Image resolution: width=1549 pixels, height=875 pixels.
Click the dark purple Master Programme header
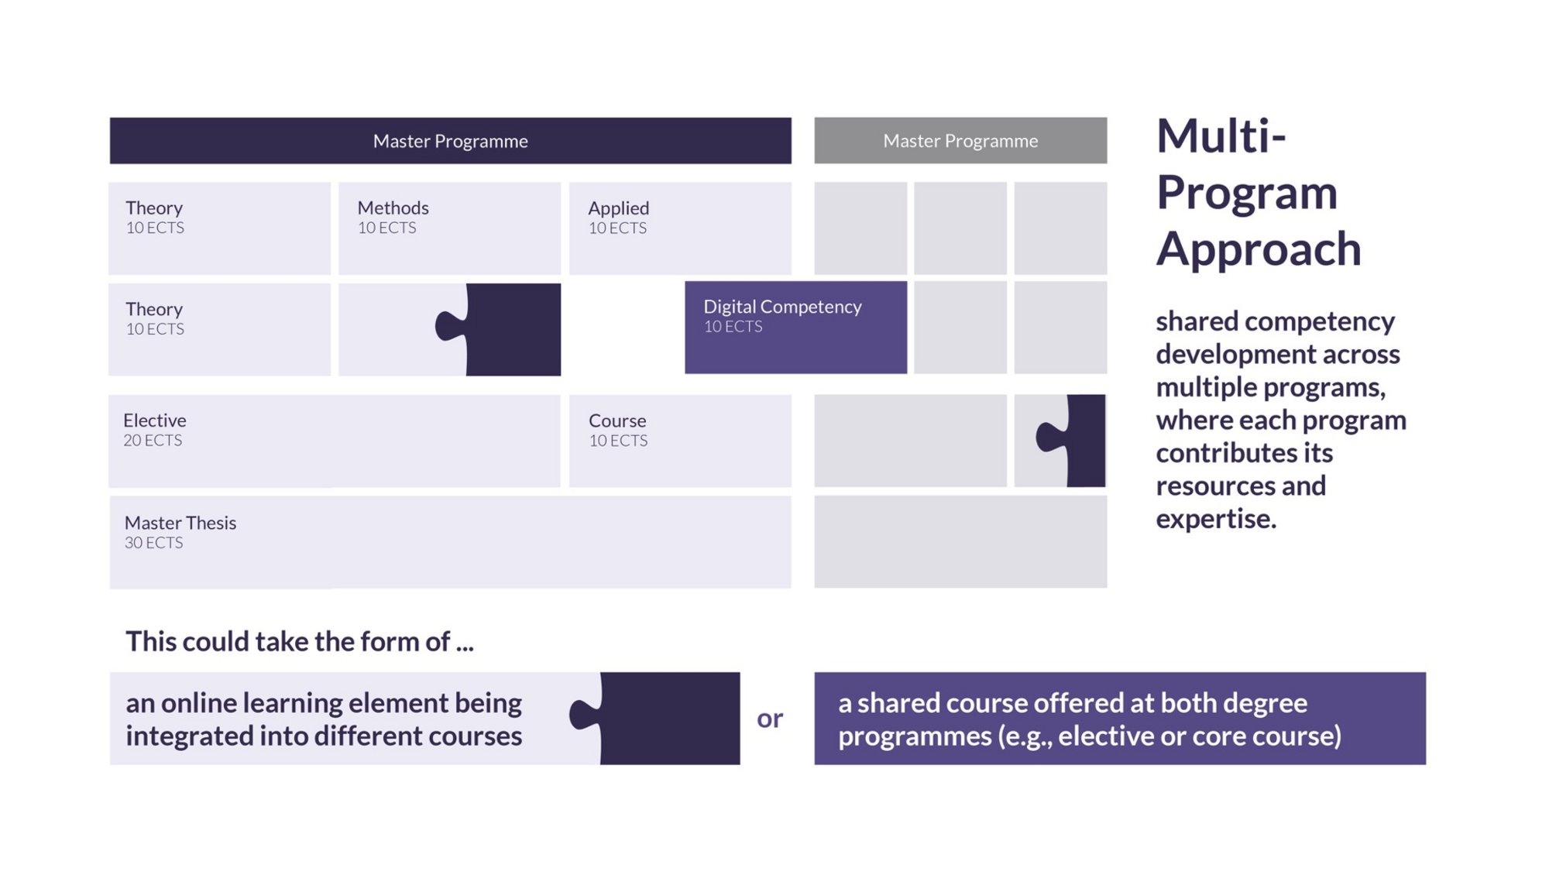click(450, 140)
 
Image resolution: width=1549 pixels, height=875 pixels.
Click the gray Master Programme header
click(960, 140)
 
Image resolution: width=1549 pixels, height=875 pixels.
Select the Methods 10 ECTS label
click(393, 217)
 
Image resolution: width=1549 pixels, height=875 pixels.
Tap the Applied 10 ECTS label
click(618, 217)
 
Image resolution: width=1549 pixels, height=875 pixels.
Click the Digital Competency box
click(795, 328)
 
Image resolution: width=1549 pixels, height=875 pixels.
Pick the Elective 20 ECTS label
click(154, 430)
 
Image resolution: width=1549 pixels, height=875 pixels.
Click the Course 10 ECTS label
click(618, 430)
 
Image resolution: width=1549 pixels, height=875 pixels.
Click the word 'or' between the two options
click(770, 719)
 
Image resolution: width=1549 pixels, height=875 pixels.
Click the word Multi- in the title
click(1221, 136)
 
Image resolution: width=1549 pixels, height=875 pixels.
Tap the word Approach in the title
click(1259, 249)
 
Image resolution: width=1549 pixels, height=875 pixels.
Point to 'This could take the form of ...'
click(300, 641)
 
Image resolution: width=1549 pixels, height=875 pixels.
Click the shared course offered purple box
click(1120, 719)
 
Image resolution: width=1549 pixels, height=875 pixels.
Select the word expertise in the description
click(1216, 519)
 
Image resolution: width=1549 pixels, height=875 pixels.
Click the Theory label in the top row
click(154, 208)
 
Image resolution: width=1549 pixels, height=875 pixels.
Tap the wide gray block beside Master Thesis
click(960, 542)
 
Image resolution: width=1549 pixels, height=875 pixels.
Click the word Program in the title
click(1247, 194)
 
